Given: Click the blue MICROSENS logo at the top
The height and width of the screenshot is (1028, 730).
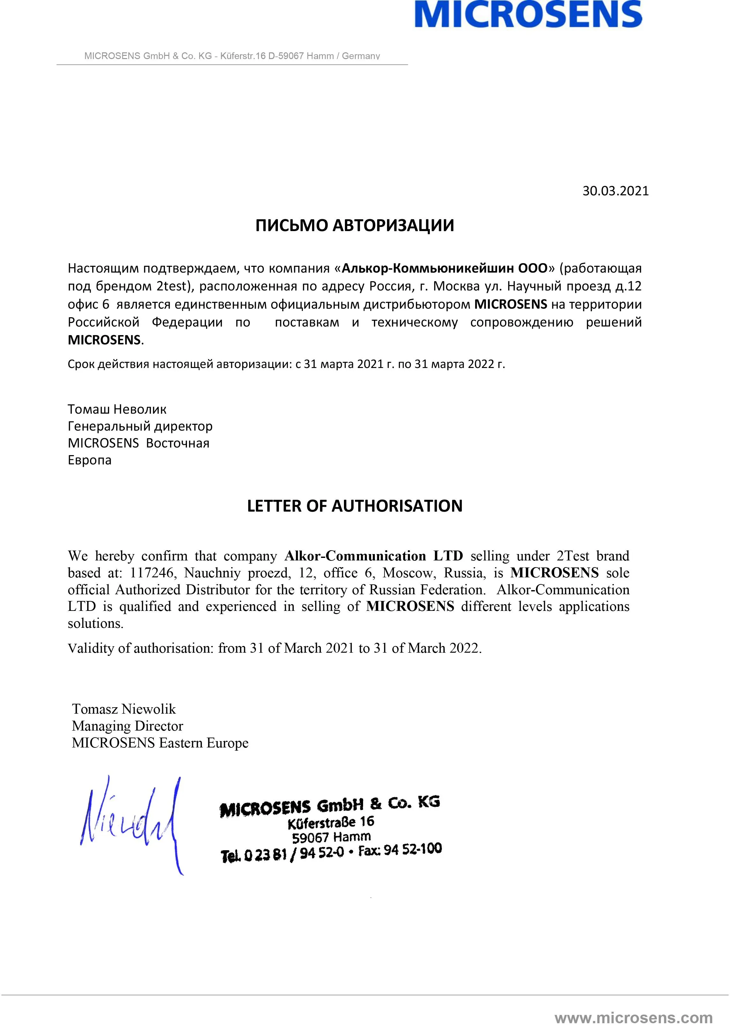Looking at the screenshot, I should (528, 14).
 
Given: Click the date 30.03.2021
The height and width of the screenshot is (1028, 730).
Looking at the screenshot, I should (615, 191).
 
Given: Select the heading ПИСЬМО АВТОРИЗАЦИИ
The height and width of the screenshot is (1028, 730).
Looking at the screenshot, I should (355, 225).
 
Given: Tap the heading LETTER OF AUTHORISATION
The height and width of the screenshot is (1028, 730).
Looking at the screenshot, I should (355, 506).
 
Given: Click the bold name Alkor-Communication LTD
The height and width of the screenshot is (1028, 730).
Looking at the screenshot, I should (374, 556).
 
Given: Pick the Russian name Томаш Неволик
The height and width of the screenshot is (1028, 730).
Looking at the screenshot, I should (117, 409).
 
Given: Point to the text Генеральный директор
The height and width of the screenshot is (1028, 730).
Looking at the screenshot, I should (140, 426).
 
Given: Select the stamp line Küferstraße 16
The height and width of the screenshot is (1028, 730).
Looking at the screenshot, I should (331, 822).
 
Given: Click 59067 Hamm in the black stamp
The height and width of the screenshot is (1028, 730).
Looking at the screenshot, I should (331, 838).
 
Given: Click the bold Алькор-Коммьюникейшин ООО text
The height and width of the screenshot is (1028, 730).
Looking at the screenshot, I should (444, 268).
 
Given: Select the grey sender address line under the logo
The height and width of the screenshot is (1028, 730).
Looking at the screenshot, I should (232, 56).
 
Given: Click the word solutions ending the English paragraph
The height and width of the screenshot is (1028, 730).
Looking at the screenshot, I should (95, 624).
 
